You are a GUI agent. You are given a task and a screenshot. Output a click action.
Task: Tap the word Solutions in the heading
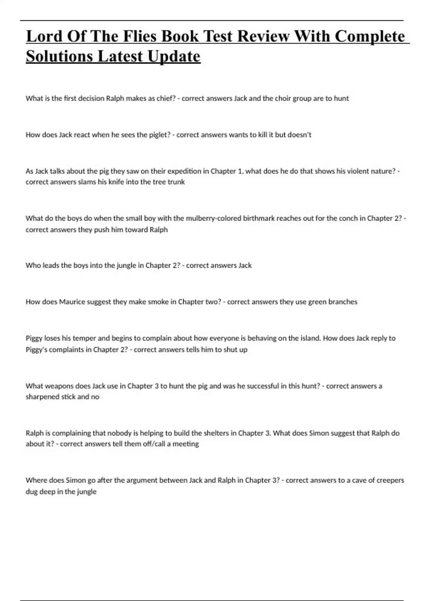tap(59, 56)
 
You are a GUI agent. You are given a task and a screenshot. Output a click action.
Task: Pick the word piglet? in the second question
tap(158, 135)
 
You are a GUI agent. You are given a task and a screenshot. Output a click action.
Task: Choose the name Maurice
tap(72, 302)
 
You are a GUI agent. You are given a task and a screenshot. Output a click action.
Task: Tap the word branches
tap(343, 302)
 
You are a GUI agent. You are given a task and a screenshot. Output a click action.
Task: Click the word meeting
tap(186, 444)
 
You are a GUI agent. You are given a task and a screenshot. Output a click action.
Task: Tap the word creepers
tap(390, 480)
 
